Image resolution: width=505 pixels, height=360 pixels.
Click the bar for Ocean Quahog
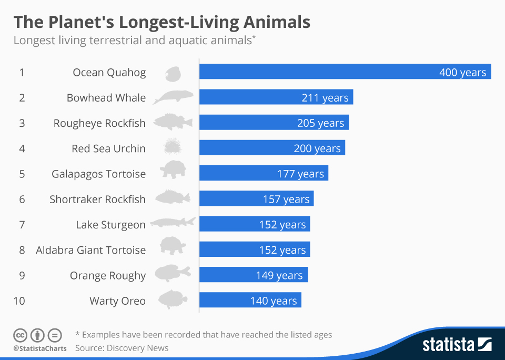pyautogui.click(x=345, y=72)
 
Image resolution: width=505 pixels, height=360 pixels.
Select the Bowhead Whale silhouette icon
pyautogui.click(x=173, y=97)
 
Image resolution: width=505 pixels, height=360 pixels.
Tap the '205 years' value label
pyautogui.click(x=320, y=123)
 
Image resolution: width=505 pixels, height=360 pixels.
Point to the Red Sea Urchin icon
pyautogui.click(x=173, y=147)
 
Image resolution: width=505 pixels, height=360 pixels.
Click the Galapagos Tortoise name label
pyautogui.click(x=98, y=174)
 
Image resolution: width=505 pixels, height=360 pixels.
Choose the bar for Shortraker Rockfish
pyautogui.click(x=256, y=199)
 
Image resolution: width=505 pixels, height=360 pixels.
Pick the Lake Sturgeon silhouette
pyautogui.click(x=173, y=223)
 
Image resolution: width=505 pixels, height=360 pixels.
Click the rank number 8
pyautogui.click(x=22, y=250)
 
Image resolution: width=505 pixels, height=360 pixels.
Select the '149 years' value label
pyautogui.click(x=279, y=275)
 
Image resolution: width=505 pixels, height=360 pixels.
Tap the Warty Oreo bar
pyautogui.click(x=250, y=301)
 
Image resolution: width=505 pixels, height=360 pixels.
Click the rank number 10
pyautogui.click(x=19, y=301)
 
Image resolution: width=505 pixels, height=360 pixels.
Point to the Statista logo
pyautogui.click(x=457, y=345)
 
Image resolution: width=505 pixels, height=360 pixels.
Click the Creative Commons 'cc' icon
pyautogui.click(x=20, y=335)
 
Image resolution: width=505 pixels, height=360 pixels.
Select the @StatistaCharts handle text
pyautogui.click(x=40, y=348)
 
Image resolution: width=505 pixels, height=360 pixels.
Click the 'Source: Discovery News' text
pyautogui.click(x=122, y=348)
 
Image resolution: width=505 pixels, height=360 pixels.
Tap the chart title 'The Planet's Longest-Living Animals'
pyautogui.click(x=161, y=22)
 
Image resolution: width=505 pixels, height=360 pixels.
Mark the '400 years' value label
pyautogui.click(x=462, y=72)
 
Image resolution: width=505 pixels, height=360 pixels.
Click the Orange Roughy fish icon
pyautogui.click(x=173, y=274)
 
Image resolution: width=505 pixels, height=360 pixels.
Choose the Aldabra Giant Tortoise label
pyautogui.click(x=90, y=250)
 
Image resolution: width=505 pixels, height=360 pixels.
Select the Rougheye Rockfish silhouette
pyautogui.click(x=173, y=122)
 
